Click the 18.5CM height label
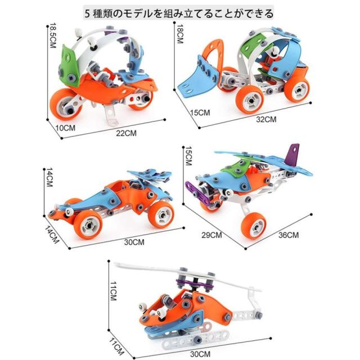(x=53, y=37)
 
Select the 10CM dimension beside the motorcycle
(x=66, y=128)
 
